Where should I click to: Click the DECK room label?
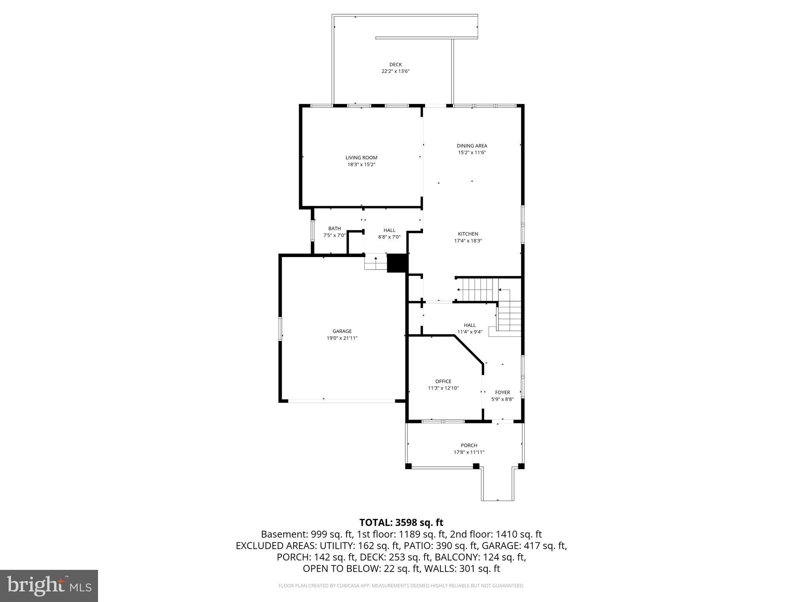pos(395,65)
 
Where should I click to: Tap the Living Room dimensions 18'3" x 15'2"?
pos(361,165)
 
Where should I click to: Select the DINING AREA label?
pos(472,146)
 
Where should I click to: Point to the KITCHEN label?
pos(468,234)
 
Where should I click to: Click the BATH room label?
pos(334,228)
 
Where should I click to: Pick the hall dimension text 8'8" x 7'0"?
pos(389,237)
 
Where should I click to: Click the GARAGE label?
pos(342,331)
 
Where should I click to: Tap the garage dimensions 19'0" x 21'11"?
pos(342,338)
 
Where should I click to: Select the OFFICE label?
pos(443,381)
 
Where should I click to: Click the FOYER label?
pos(502,392)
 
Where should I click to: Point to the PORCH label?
pos(469,445)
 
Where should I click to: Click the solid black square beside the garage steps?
pos(397,263)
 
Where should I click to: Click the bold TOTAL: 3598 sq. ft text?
pos(401,522)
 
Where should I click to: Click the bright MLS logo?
pos(49,586)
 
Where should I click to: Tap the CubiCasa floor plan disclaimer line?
pos(401,586)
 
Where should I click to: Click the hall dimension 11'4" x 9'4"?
pos(470,332)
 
